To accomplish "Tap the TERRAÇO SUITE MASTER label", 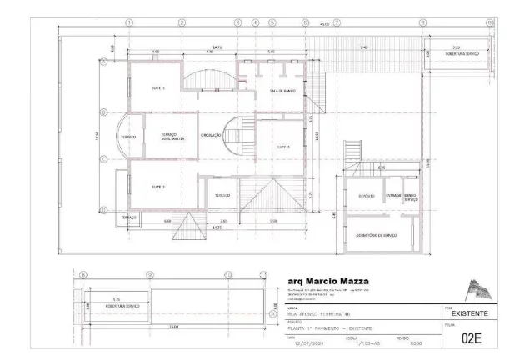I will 168,137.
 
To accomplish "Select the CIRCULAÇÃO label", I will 210,134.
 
